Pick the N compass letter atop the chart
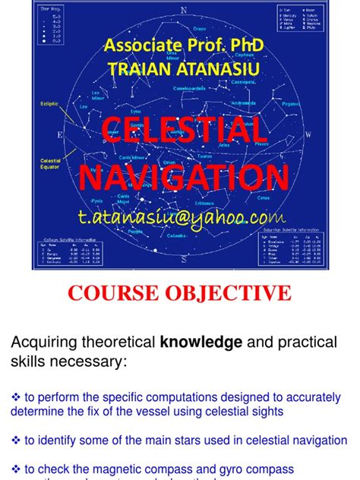(183, 11)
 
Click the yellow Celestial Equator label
(50, 163)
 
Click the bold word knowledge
(201, 343)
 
